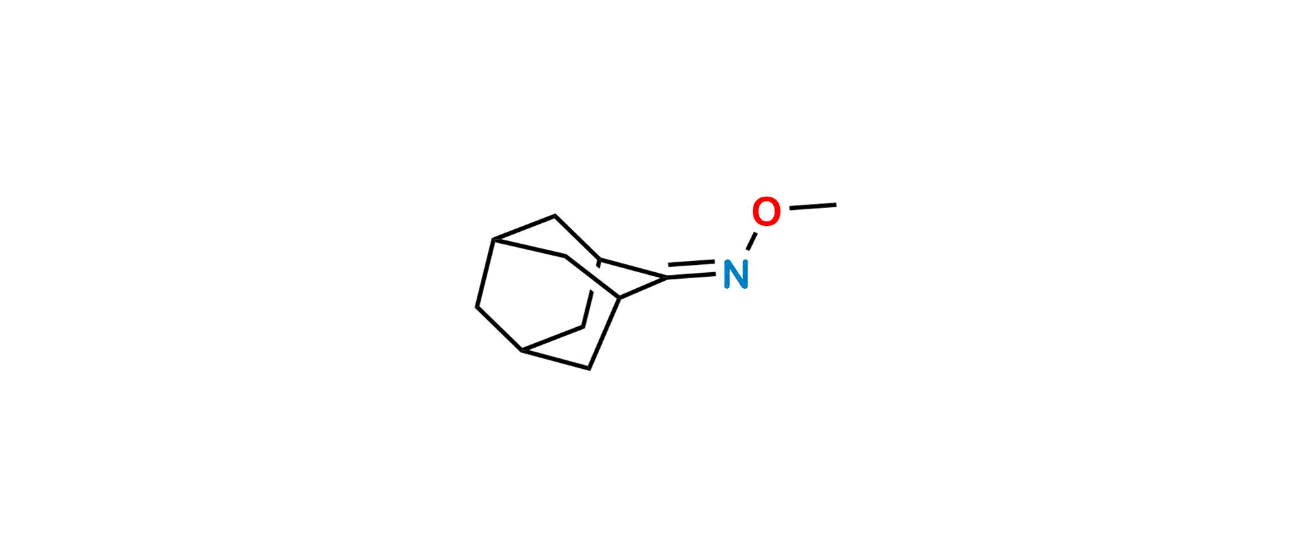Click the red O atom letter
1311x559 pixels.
(x=766, y=212)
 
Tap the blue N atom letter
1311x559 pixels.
(x=736, y=274)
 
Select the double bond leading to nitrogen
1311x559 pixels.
(x=691, y=270)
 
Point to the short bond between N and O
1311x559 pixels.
(x=752, y=241)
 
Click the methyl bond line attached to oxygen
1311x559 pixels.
(x=813, y=207)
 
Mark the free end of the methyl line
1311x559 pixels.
(x=836, y=205)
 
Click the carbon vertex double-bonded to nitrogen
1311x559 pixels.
(x=667, y=278)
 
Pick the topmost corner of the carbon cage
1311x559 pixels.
(x=555, y=216)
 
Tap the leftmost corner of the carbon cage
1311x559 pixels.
(x=477, y=307)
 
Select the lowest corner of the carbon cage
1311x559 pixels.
(x=589, y=369)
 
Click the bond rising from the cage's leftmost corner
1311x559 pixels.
(x=485, y=273)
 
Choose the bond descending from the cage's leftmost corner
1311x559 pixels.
(x=499, y=329)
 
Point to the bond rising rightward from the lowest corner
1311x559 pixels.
(x=605, y=333)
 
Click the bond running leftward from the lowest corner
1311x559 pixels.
(x=556, y=360)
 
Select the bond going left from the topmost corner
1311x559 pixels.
(x=524, y=227)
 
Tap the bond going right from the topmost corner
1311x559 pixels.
(x=577, y=238)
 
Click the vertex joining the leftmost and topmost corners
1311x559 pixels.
(x=493, y=239)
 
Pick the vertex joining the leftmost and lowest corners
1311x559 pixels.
(x=522, y=350)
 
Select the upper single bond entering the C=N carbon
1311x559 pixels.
(x=633, y=269)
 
